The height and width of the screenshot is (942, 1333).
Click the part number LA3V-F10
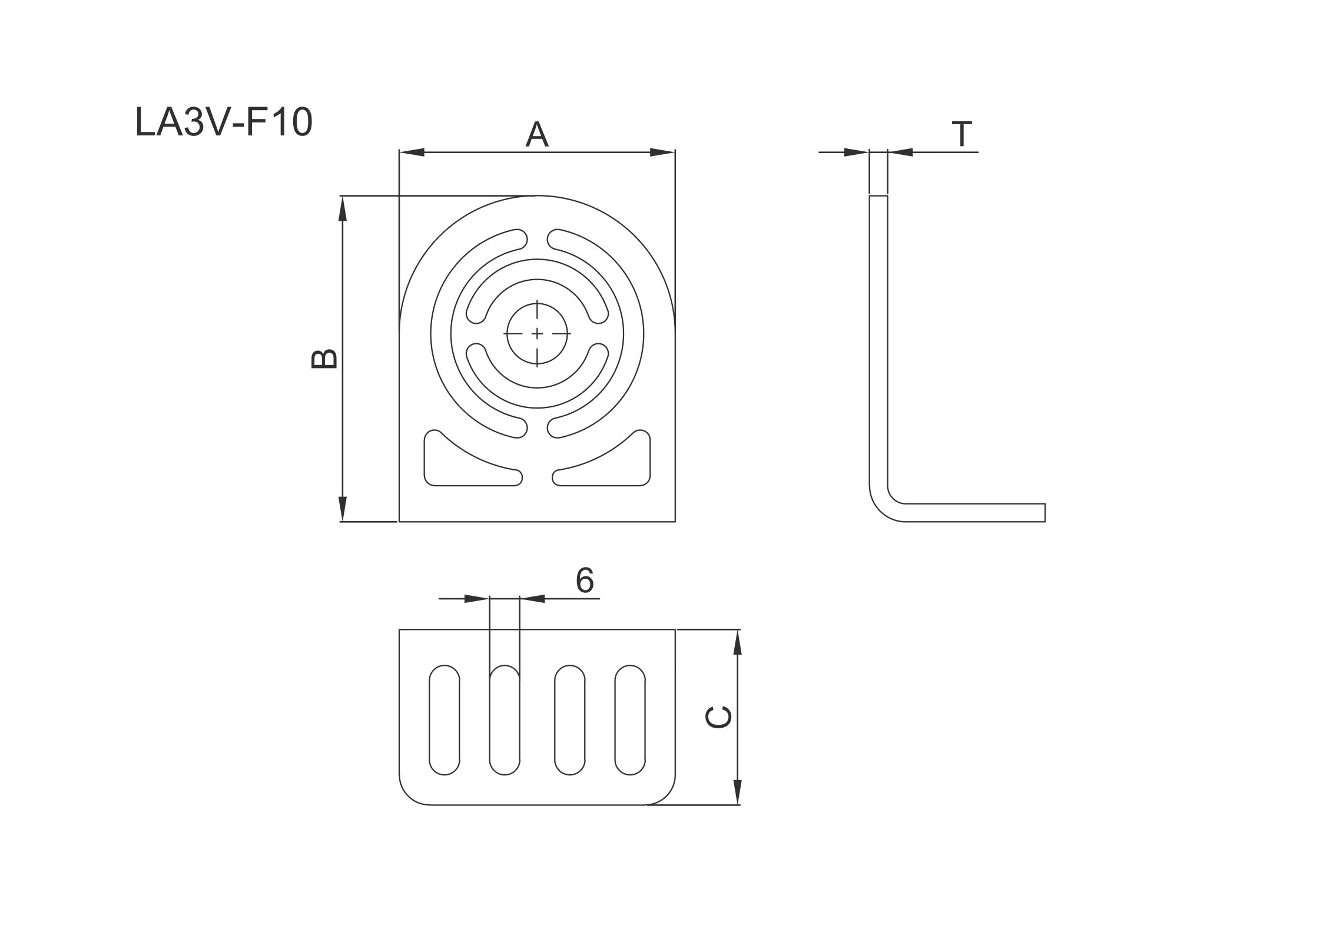[x=224, y=123]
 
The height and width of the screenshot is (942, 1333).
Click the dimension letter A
[x=537, y=134]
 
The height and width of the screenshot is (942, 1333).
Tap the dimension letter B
[x=324, y=359]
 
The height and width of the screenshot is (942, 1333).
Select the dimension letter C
[x=719, y=717]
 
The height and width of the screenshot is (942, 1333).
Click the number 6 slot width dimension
[x=585, y=581]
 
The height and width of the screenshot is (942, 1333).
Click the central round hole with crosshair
[x=537, y=334]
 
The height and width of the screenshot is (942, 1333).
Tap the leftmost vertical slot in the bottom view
[x=445, y=720]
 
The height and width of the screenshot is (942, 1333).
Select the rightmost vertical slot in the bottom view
[x=630, y=720]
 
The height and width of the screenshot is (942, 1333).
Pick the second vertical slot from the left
[x=505, y=720]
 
